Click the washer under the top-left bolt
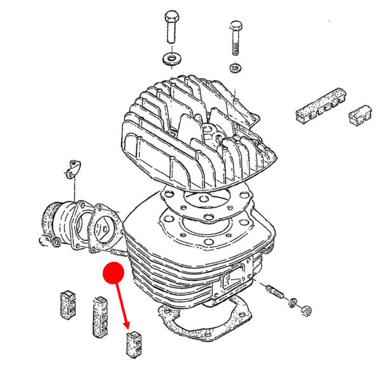click(171, 59)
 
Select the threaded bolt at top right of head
click(234, 38)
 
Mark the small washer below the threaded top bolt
click(236, 68)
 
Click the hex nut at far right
click(305, 310)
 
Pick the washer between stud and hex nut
click(294, 301)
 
